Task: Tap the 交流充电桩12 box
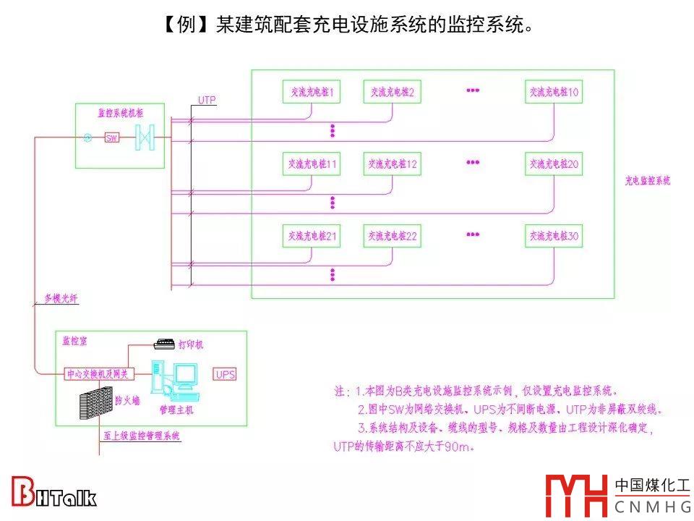click(x=392, y=164)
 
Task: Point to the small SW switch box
click(x=112, y=137)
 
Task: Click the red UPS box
click(x=225, y=374)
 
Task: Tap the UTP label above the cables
click(x=207, y=100)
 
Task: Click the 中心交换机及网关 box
click(x=97, y=374)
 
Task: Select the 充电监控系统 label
click(x=648, y=181)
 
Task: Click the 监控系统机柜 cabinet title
click(x=120, y=113)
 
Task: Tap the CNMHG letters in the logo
click(x=652, y=507)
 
